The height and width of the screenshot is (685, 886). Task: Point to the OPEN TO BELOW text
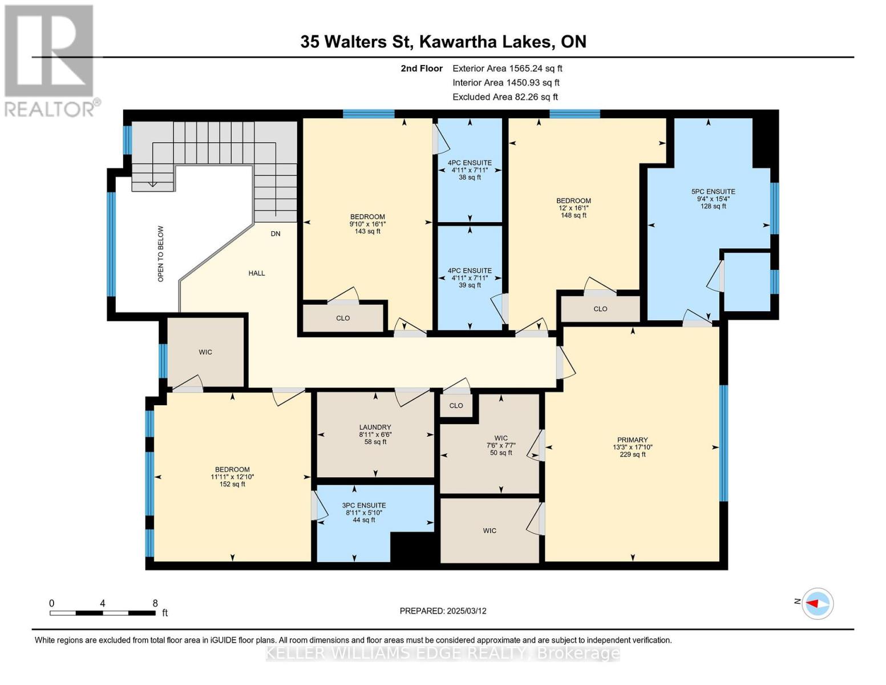[x=161, y=253]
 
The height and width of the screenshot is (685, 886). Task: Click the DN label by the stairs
[x=276, y=233]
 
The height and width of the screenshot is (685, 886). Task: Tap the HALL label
[x=257, y=273]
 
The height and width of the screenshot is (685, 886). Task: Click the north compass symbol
[x=818, y=603]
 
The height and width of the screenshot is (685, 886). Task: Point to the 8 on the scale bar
[x=155, y=603]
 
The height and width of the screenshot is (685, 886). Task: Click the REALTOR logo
[x=50, y=60]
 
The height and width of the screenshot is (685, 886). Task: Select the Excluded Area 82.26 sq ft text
[x=505, y=97]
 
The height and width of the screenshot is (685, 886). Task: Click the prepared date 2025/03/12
[x=443, y=611]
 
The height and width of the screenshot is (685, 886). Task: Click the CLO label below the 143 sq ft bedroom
[x=343, y=318]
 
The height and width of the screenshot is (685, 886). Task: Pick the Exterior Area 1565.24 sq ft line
[x=507, y=68]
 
